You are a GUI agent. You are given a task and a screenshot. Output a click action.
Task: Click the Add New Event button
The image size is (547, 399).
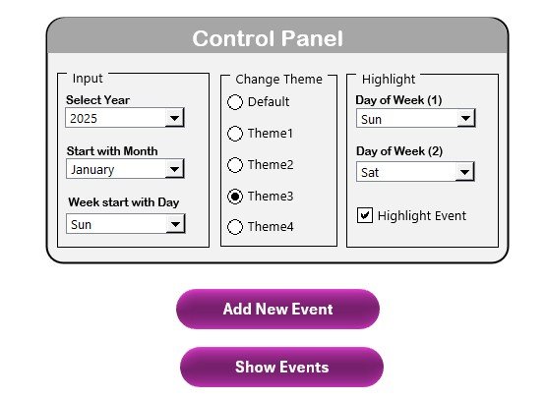(277, 310)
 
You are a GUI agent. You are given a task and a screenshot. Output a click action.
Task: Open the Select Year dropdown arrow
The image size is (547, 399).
(174, 118)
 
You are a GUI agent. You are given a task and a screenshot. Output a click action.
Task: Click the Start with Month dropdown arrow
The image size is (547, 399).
(174, 169)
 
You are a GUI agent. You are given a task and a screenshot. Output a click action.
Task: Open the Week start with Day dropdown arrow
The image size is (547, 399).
(175, 224)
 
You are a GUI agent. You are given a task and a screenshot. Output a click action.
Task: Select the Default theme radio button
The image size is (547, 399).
(235, 102)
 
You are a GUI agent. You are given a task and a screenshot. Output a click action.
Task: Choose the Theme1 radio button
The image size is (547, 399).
(235, 134)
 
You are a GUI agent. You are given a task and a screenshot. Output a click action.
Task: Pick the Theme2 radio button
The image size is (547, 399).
(235, 165)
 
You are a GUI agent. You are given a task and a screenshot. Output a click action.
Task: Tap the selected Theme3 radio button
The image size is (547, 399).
(235, 197)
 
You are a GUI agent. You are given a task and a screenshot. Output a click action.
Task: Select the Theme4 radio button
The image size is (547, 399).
(235, 227)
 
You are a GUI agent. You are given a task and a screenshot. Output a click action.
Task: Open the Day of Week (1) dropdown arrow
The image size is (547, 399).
(465, 119)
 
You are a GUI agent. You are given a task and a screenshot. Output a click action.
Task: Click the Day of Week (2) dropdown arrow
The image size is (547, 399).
(464, 172)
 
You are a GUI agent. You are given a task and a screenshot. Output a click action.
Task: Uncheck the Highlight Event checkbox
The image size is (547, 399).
(365, 215)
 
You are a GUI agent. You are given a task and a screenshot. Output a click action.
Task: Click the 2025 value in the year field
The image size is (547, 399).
(84, 119)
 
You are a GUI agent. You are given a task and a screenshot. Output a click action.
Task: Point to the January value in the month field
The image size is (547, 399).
(92, 170)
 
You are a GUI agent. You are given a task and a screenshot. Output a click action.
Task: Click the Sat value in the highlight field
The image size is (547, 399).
(370, 173)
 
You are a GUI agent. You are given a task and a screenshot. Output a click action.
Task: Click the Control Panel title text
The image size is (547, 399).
(268, 38)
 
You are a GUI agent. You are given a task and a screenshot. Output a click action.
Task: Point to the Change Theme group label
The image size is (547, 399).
(278, 80)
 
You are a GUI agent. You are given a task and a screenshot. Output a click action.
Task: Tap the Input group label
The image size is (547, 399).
(88, 79)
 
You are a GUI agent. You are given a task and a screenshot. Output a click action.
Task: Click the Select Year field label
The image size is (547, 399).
(97, 100)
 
